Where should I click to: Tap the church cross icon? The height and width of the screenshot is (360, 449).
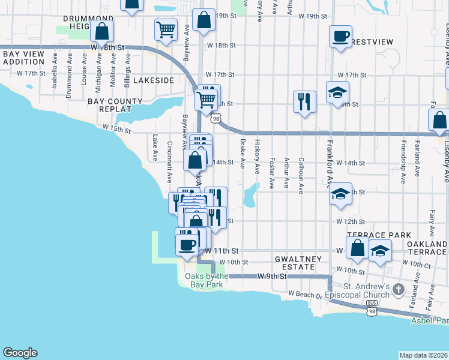pyautogui.click(x=397, y=290)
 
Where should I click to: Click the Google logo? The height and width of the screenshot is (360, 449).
pyautogui.click(x=20, y=352)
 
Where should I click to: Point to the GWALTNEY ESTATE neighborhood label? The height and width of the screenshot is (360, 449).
pyautogui.click(x=295, y=262)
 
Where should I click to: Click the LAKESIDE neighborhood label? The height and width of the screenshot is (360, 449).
pyautogui.click(x=154, y=80)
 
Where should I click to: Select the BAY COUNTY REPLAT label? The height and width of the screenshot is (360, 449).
pyautogui.click(x=115, y=106)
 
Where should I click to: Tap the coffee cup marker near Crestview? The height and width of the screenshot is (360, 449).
pyautogui.click(x=340, y=37)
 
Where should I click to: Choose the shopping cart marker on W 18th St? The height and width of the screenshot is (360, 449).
pyautogui.click(x=166, y=29)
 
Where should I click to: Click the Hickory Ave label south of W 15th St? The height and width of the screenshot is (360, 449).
pyautogui.click(x=258, y=154)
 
